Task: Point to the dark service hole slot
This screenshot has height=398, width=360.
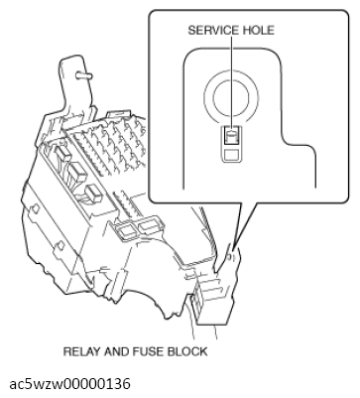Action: point(230,136)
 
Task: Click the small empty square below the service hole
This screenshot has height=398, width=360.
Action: point(230,154)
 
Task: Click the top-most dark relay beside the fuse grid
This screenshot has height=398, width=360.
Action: point(74,157)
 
